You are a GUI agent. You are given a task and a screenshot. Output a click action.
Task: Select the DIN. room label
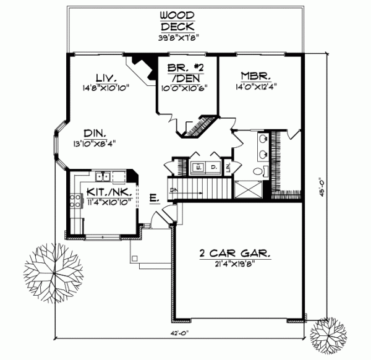point(95,133)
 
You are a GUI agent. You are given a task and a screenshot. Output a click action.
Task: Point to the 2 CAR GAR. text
point(228,254)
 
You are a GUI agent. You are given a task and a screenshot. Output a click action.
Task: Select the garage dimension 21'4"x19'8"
point(228,265)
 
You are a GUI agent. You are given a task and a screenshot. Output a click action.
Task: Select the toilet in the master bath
point(260,171)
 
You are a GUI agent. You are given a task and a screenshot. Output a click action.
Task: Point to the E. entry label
point(154,199)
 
